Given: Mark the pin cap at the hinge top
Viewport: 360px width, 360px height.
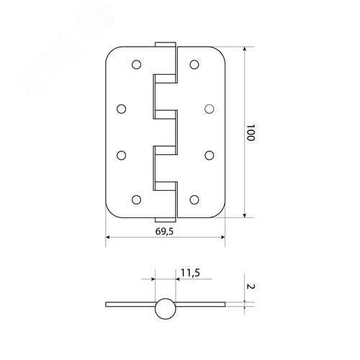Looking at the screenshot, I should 164,45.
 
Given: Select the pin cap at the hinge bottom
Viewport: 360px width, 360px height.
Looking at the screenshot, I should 164,219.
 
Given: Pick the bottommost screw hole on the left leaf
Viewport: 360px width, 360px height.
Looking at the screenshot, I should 135,199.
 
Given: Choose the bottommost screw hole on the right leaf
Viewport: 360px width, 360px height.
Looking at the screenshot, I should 194,199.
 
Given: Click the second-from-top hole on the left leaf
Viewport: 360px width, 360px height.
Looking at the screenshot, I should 121,109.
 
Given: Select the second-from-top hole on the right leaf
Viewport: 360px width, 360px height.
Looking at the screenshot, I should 209,109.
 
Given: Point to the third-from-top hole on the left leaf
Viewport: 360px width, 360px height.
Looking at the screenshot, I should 121,155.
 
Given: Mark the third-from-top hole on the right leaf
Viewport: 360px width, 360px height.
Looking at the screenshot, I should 209,155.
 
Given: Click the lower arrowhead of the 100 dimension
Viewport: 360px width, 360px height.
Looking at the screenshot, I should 246,214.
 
